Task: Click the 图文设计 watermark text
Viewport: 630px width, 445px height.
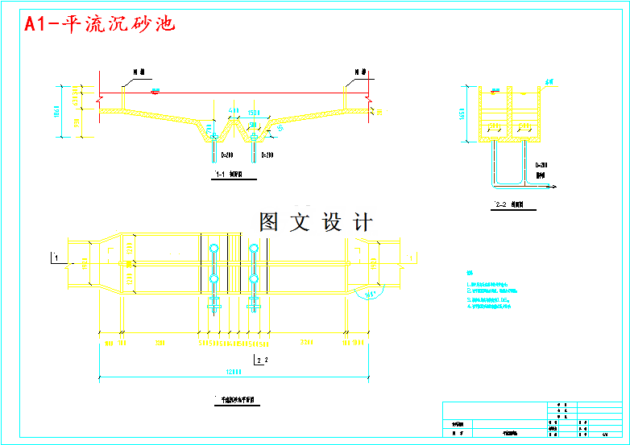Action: [x=316, y=222]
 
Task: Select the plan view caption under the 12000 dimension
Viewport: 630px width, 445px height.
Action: [x=236, y=399]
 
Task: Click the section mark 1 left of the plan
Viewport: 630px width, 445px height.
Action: [x=54, y=257]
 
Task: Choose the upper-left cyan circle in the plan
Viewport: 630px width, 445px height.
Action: [x=214, y=248]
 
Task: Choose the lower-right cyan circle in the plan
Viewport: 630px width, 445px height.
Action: [x=254, y=278]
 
